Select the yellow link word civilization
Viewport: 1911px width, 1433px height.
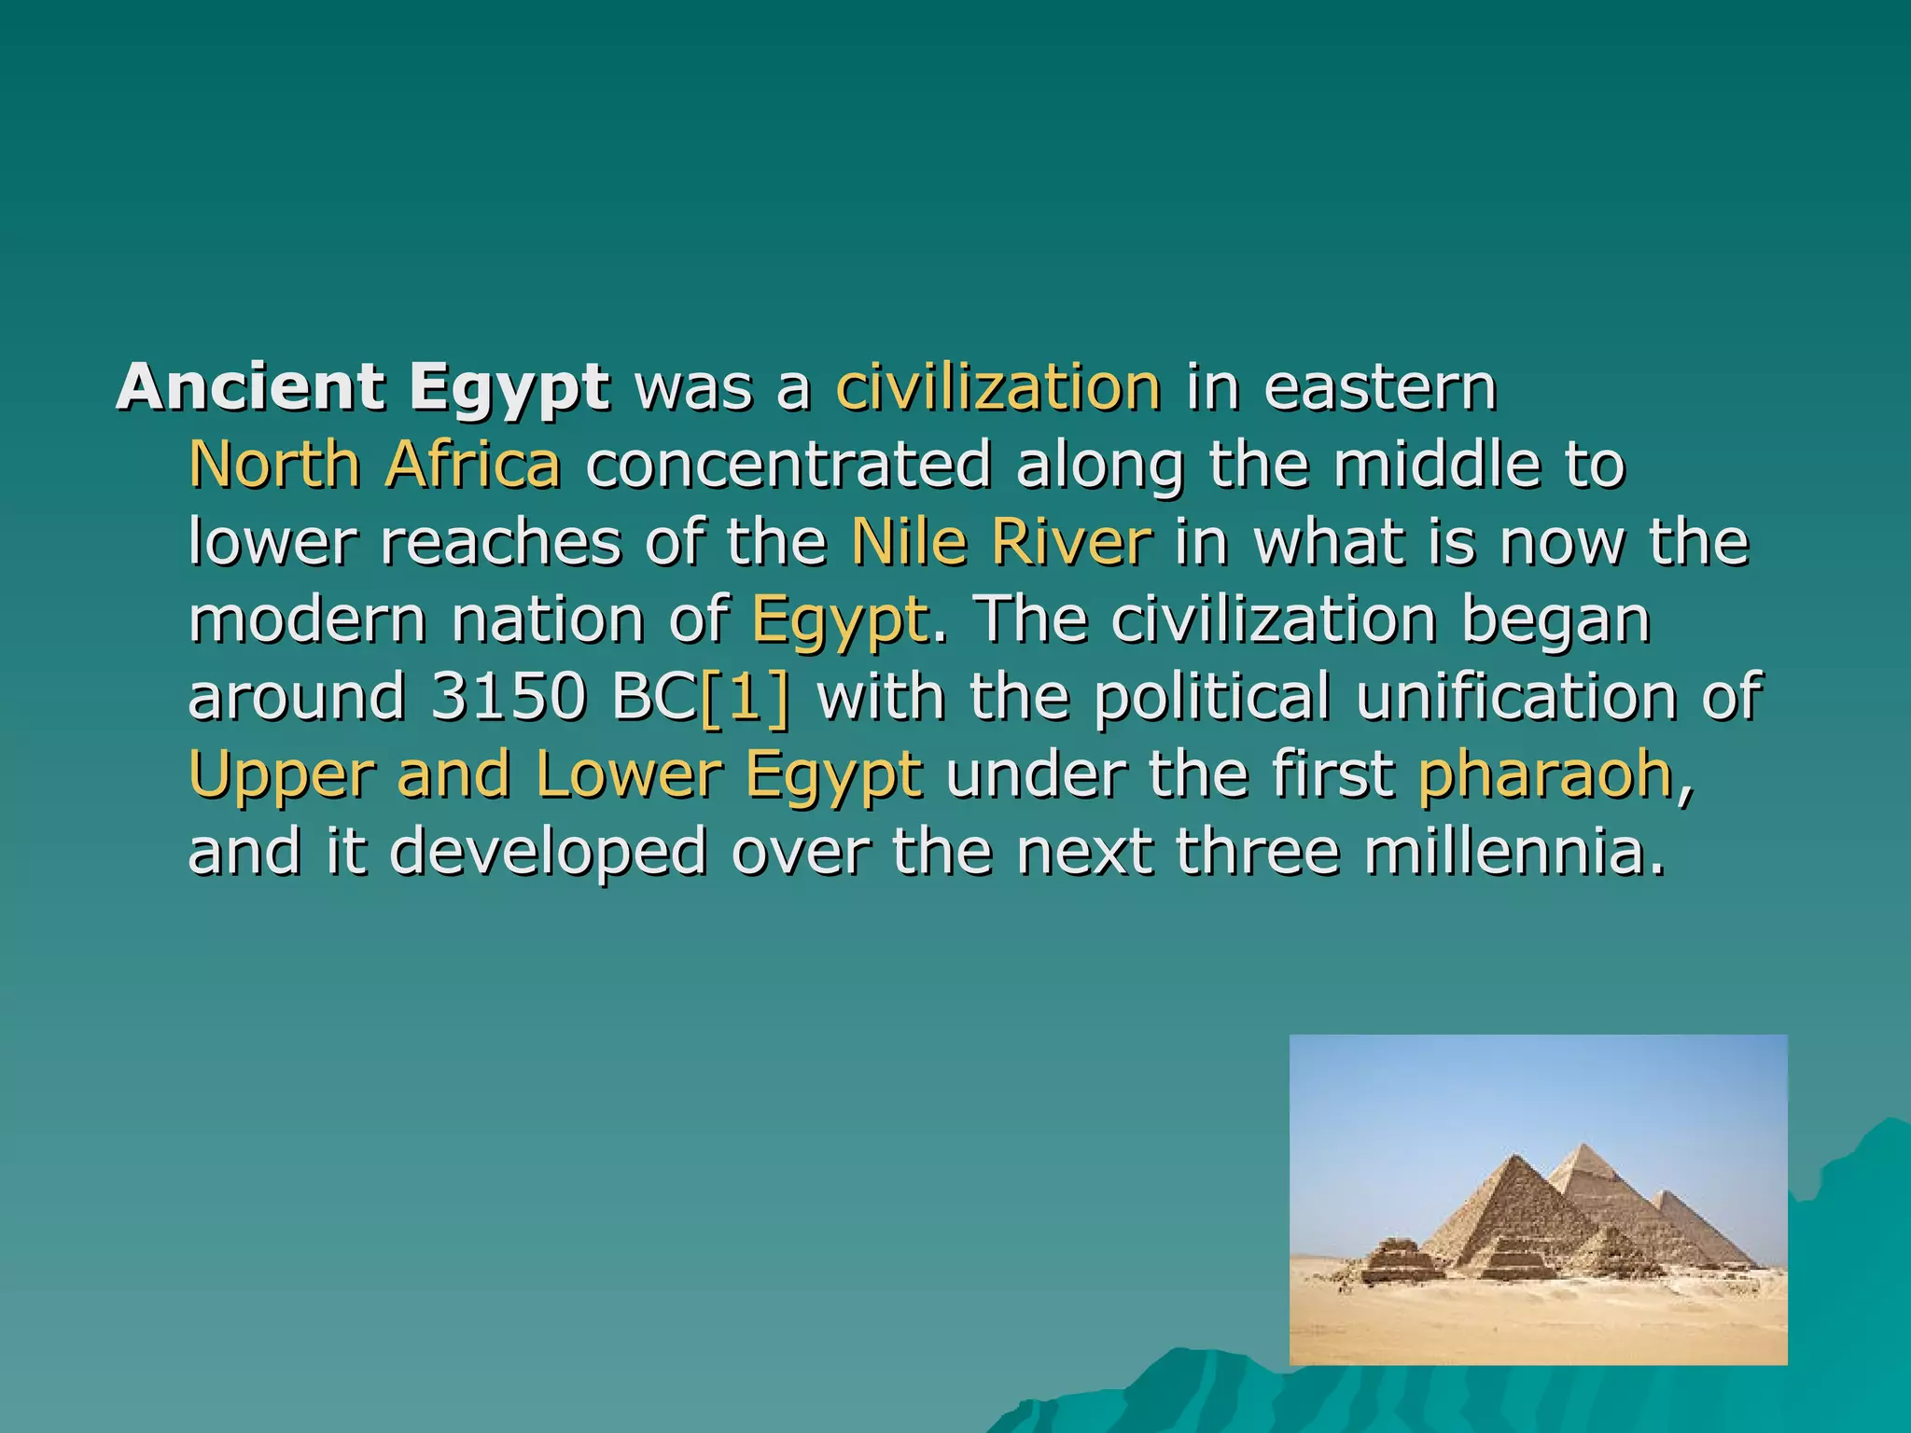click(x=998, y=386)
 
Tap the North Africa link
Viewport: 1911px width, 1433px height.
click(x=374, y=464)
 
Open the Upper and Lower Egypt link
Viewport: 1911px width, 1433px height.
click(x=555, y=774)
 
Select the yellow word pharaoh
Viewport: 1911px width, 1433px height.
click(x=1545, y=774)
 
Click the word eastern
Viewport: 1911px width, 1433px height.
click(x=1380, y=386)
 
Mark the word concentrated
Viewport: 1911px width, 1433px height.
click(x=788, y=464)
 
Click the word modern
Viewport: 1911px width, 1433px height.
click(x=307, y=619)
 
